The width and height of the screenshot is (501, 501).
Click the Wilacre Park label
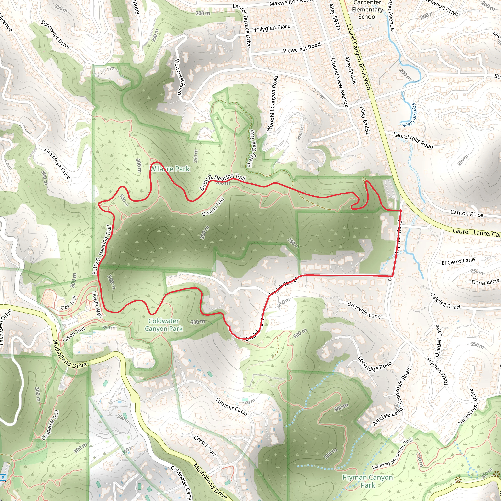coord(170,169)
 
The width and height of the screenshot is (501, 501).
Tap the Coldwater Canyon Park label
coord(164,325)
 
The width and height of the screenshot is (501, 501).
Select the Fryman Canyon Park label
coord(368,481)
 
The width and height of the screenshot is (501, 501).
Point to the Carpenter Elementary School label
coord(367,10)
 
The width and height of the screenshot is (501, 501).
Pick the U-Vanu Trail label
coord(213,207)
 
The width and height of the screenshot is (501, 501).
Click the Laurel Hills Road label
coord(413,140)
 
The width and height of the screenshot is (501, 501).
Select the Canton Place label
coord(467,213)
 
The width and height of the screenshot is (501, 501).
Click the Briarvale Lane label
coord(364,310)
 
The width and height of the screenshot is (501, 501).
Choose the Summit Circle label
coord(232,407)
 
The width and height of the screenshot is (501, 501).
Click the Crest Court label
coord(205,445)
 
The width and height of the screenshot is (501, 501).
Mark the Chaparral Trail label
coord(50,425)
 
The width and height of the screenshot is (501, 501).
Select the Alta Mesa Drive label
coord(57,164)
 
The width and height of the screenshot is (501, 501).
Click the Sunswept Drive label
coord(55,34)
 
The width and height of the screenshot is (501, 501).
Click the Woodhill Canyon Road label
coord(272,104)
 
